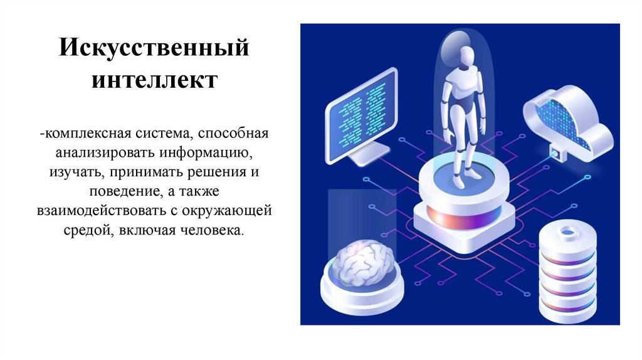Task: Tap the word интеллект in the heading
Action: (154, 80)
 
